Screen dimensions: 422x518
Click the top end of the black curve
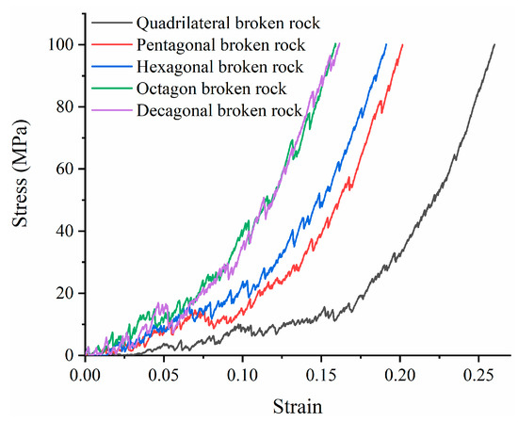pyautogui.click(x=494, y=44)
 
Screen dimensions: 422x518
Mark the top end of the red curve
pyautogui.click(x=403, y=44)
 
